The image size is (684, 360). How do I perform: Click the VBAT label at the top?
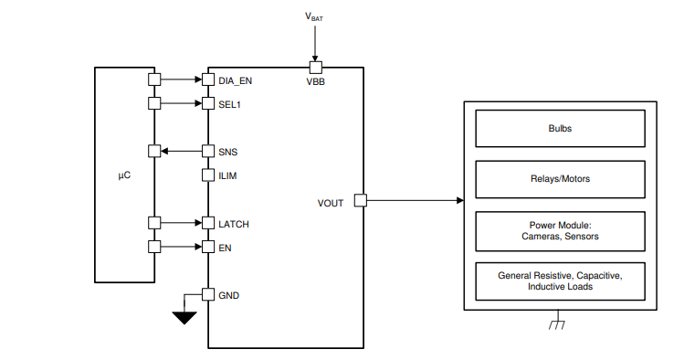click(314, 16)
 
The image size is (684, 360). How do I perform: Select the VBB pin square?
click(315, 67)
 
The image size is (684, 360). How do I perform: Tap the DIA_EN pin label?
click(235, 80)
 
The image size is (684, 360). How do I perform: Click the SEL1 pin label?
click(229, 104)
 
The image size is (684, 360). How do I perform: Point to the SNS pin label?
click(227, 152)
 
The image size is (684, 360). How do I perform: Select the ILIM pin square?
click(208, 175)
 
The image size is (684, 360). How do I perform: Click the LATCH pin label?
click(234, 224)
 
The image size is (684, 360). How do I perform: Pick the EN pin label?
click(224, 248)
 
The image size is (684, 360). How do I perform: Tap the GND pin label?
click(228, 296)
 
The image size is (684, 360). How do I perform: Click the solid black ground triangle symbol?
click(185, 317)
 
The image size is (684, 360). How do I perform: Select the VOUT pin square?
click(360, 200)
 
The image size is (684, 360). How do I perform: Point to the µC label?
click(125, 175)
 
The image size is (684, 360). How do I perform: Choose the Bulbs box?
click(560, 129)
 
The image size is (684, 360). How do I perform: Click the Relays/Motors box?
click(560, 178)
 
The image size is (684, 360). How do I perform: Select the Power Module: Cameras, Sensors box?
click(560, 229)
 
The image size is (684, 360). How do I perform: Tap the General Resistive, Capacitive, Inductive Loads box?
click(560, 281)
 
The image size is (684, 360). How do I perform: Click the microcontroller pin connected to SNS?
click(153, 152)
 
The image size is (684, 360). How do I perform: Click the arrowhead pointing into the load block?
click(458, 200)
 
